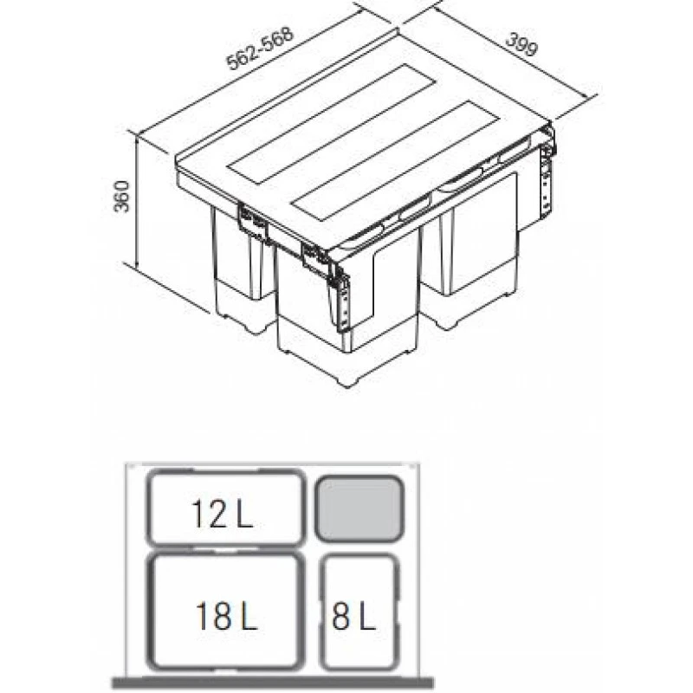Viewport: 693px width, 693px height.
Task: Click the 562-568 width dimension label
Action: pyautogui.click(x=260, y=49)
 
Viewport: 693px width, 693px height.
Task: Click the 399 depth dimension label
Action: pyautogui.click(x=522, y=44)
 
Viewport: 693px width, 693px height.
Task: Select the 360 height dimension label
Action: pyautogui.click(x=121, y=197)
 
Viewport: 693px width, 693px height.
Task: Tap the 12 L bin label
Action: pyautogui.click(x=222, y=514)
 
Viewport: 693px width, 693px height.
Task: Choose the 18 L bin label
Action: pyautogui.click(x=226, y=616)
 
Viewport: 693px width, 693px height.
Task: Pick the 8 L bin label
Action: pyautogui.click(x=353, y=616)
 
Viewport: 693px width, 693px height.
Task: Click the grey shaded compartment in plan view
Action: pyautogui.click(x=359, y=508)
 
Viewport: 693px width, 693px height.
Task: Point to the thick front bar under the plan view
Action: pyautogui.click(x=273, y=683)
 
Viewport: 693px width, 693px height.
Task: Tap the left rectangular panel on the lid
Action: pyautogui.click(x=332, y=124)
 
